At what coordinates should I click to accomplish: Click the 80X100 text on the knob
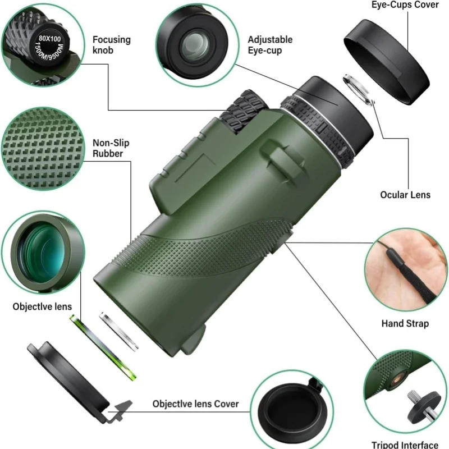click(50, 38)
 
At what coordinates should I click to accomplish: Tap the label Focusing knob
click(111, 45)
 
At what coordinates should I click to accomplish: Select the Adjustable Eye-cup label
click(270, 45)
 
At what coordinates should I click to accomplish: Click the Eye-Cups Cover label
click(405, 4)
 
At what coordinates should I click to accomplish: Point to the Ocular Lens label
click(405, 195)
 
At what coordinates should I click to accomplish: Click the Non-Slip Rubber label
click(111, 148)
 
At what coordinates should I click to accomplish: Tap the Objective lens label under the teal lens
click(42, 306)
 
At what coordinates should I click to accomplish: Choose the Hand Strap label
click(405, 324)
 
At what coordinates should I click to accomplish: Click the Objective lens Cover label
click(195, 404)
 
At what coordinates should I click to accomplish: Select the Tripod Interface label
click(405, 445)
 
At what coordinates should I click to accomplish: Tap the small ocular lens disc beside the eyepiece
click(359, 90)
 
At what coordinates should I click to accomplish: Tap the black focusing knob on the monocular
click(244, 112)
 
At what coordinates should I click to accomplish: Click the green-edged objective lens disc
click(103, 347)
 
